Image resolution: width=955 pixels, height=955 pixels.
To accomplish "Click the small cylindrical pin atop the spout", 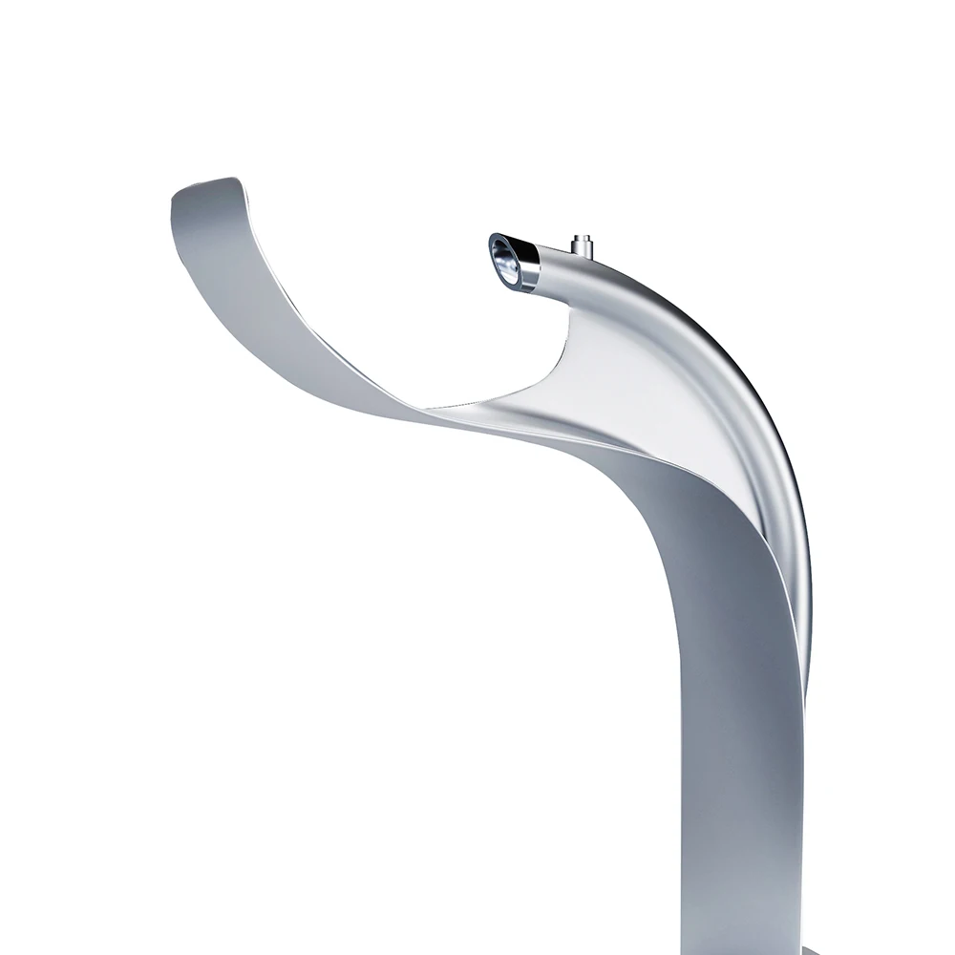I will click(582, 245).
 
